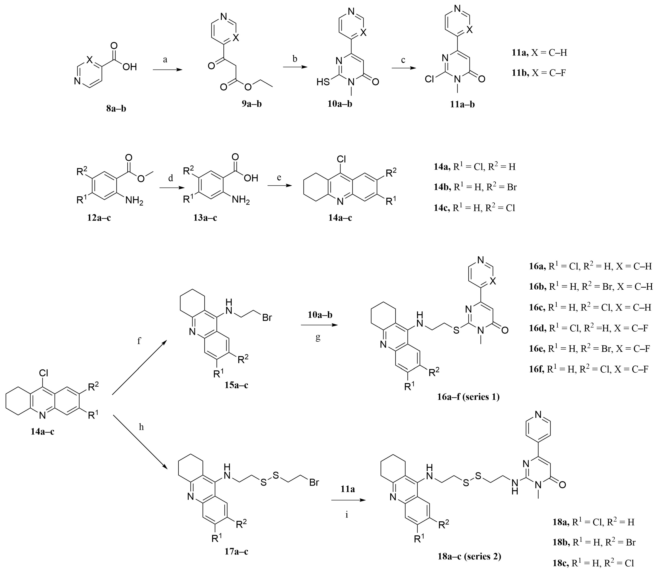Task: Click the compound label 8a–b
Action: pos(116,109)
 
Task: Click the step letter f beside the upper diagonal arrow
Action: pos(139,341)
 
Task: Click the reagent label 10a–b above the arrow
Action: pos(320,315)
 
